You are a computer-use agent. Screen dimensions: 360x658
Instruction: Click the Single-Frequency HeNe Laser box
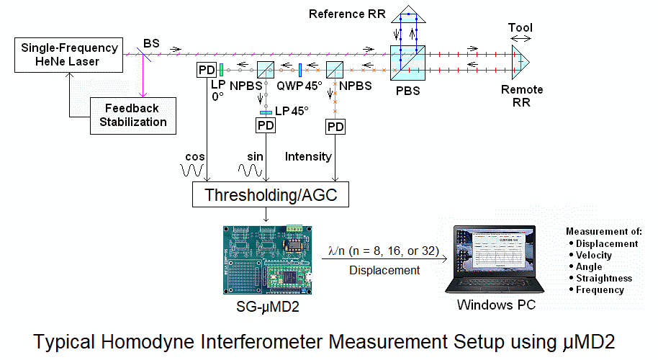coord(70,55)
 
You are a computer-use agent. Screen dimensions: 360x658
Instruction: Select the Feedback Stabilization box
coord(133,115)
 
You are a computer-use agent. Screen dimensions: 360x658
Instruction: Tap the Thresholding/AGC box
coord(267,195)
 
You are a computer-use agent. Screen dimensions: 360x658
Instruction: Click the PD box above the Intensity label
coord(335,127)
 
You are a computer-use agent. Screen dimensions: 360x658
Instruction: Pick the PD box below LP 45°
coord(266,125)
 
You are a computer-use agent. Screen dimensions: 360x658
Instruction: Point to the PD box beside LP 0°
coord(206,71)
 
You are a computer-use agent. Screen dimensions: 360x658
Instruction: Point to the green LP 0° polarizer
coord(220,69)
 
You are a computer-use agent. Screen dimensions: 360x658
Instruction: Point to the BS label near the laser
coord(150,44)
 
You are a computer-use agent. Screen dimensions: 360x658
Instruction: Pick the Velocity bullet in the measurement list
coord(594,255)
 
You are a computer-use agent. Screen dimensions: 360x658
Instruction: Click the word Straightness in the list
coord(603,278)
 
